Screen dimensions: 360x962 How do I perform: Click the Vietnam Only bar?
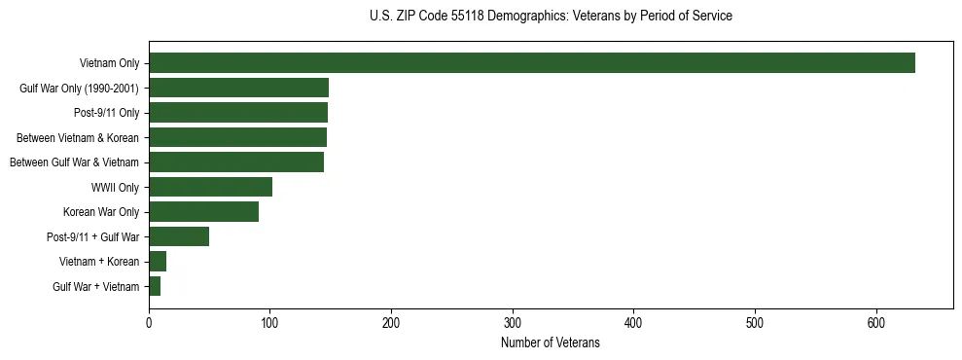pos(531,63)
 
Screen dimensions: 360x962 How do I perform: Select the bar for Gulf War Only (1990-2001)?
pos(238,88)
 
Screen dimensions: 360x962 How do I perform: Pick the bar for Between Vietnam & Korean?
pos(237,137)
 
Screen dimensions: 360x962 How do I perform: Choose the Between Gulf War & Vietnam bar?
pos(236,162)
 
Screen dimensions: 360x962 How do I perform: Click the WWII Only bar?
pos(210,187)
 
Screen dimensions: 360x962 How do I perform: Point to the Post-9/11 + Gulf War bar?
pos(179,236)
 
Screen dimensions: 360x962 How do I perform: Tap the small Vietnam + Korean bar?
pos(158,261)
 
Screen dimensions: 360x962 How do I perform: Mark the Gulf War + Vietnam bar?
pos(155,286)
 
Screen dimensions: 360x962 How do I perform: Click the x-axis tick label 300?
pos(513,323)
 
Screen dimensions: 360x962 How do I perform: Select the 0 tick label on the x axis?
pos(149,323)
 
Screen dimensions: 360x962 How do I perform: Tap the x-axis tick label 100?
pos(269,323)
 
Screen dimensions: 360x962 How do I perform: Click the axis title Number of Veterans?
pos(550,342)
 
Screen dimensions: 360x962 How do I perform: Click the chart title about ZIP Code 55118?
pos(551,17)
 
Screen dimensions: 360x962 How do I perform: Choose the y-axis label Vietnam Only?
pos(109,63)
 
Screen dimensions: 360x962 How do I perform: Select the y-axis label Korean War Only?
pos(101,212)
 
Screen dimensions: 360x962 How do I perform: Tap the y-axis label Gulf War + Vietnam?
pos(95,286)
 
